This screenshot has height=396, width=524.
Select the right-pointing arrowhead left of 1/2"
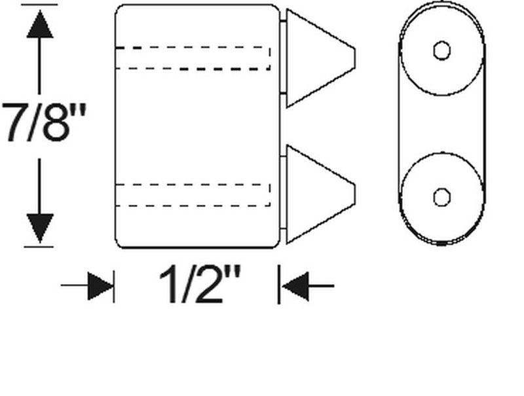tap(100, 286)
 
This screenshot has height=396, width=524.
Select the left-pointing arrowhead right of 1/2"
tap(294, 286)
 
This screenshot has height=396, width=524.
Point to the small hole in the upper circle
tap(442, 50)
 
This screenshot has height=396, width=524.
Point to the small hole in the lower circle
tap(442, 196)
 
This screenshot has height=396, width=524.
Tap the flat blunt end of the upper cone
tap(354, 58)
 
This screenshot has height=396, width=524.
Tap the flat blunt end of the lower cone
tap(354, 194)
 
